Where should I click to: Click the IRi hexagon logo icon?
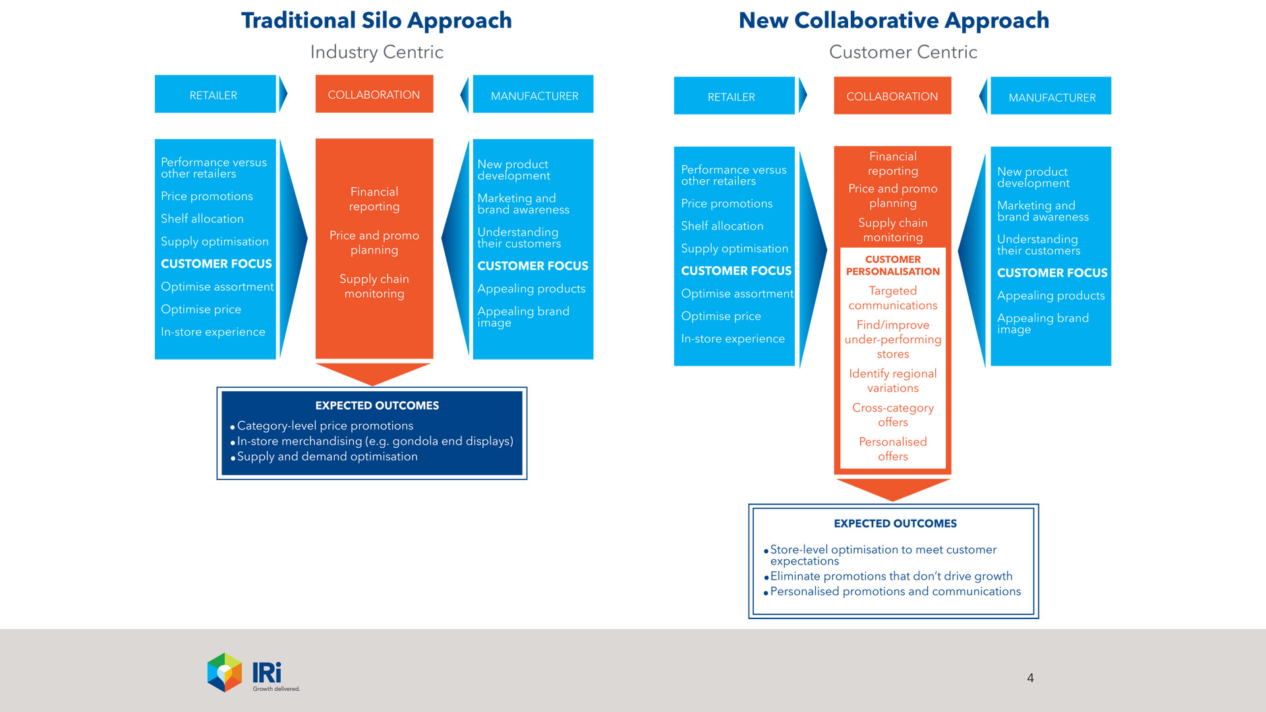tap(225, 672)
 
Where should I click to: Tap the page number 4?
tap(1030, 678)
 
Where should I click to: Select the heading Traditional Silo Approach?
tap(376, 21)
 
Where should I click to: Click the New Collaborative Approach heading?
tap(894, 21)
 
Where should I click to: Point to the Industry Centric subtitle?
tap(376, 52)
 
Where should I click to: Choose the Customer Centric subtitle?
tap(903, 52)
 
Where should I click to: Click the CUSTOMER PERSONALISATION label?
tap(893, 265)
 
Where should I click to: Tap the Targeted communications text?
tap(893, 298)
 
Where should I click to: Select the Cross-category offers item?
tap(893, 415)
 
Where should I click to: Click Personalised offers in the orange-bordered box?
tap(893, 449)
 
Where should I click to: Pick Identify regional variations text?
tap(893, 381)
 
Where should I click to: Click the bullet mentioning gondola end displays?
tap(374, 441)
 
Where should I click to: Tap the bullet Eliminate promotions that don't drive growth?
tap(891, 576)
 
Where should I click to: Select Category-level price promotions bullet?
tap(325, 426)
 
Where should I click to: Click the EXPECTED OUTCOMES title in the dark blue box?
tap(377, 406)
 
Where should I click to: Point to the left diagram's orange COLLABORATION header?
tap(374, 95)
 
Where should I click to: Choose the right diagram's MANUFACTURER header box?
tap(1051, 97)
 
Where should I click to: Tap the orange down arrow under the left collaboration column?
tap(373, 373)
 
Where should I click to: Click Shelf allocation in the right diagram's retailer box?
tap(722, 226)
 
